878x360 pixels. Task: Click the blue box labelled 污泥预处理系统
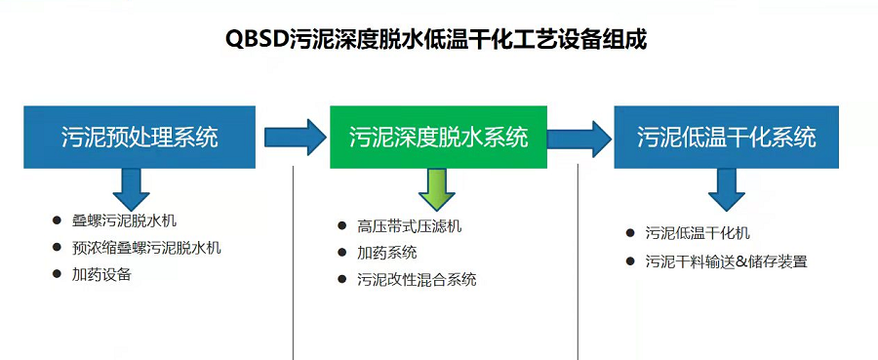140,137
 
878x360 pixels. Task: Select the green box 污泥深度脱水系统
439,137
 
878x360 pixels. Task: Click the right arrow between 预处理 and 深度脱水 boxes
294,137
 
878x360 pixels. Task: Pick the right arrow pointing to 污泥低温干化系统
582,137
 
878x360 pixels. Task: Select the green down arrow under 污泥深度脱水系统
438,189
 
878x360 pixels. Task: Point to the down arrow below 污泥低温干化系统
726,189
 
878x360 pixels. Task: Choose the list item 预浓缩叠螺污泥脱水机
146,248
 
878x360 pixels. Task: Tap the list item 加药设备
101,274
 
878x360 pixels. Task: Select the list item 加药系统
387,253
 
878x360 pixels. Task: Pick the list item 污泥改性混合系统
417,279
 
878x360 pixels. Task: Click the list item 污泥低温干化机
698,233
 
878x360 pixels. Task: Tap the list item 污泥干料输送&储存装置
726,261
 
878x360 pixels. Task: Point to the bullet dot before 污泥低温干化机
630,233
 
